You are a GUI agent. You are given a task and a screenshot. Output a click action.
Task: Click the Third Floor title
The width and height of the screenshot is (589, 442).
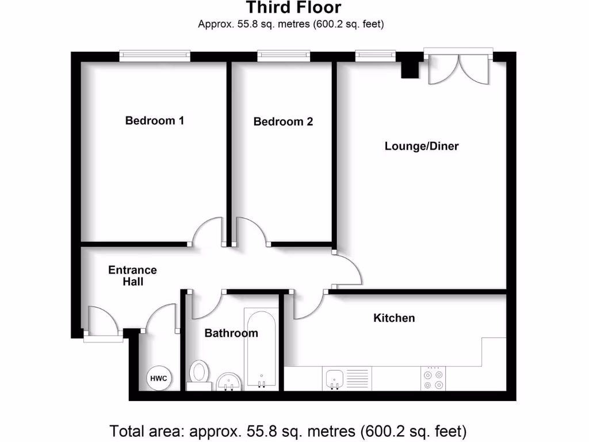pyautogui.click(x=293, y=8)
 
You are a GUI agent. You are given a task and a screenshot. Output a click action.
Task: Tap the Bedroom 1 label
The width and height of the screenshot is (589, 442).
pyautogui.click(x=155, y=121)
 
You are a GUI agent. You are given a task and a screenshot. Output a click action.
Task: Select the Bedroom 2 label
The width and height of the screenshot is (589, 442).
pyautogui.click(x=283, y=122)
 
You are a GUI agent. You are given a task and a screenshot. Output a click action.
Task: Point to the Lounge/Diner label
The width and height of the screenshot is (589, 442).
pyautogui.click(x=422, y=146)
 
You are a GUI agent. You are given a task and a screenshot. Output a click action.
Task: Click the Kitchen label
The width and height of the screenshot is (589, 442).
pyautogui.click(x=394, y=318)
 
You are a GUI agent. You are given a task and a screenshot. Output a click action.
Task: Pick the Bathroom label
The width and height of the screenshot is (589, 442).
pyautogui.click(x=231, y=333)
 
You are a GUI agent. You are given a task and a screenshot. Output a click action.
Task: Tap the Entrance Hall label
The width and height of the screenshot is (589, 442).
pyautogui.click(x=132, y=276)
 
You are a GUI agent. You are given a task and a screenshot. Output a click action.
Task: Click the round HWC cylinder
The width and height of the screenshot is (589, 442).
pyautogui.click(x=159, y=378)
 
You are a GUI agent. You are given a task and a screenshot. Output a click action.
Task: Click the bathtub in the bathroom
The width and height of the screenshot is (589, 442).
pyautogui.click(x=261, y=348)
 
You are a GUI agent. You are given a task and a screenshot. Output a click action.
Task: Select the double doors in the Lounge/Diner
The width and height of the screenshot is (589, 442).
pyautogui.click(x=458, y=68)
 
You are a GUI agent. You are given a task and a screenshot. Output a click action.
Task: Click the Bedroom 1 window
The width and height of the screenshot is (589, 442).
pyautogui.click(x=155, y=56)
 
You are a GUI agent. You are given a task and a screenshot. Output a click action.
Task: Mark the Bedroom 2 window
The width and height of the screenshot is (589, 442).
pyautogui.click(x=284, y=56)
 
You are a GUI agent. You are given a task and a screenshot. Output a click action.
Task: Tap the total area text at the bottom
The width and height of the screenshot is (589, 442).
pyautogui.click(x=288, y=430)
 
